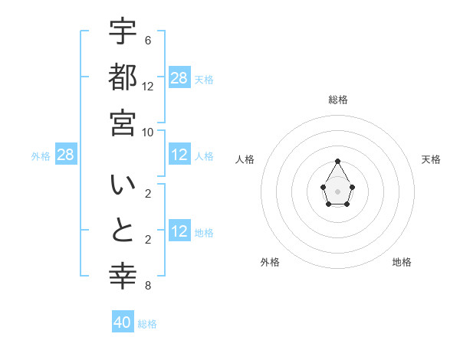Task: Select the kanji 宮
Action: pos(123,123)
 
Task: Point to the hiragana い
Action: pos(123,185)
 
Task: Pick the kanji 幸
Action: pos(123,277)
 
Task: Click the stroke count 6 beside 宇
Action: pos(147,40)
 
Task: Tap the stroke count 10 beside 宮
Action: pos(147,132)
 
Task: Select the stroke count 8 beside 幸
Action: pos(147,286)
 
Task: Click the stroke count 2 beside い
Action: pos(147,194)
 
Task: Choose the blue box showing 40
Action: pos(123,322)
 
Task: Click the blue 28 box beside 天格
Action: pos(179,78)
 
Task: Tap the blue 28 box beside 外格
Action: pos(66,155)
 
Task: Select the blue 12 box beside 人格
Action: pos(179,155)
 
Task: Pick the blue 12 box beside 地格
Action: pos(179,232)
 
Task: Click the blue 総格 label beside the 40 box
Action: pos(147,324)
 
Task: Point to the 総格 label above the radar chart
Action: pos(337,100)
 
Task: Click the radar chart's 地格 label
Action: pos(402,262)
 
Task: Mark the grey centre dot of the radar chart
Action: pos(337,191)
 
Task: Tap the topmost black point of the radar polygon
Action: pos(337,161)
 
